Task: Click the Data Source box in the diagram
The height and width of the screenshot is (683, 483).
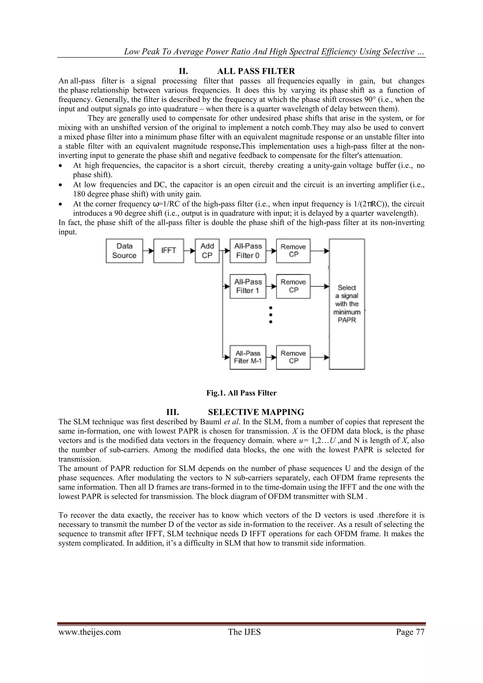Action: pos(124,251)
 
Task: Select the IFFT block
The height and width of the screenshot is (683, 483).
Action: pos(169,251)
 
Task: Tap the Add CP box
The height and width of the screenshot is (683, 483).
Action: pos(207,251)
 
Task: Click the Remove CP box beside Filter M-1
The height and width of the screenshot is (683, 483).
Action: pos(293,357)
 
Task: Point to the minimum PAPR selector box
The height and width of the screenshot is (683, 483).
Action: pos(347,304)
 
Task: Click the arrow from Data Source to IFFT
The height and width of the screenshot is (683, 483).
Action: pos(148,251)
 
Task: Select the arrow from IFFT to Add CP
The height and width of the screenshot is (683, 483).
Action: pos(189,251)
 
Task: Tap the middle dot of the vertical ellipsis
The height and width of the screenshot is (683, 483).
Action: pos(271,314)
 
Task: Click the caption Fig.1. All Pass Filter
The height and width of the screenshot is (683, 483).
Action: pos(241,393)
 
